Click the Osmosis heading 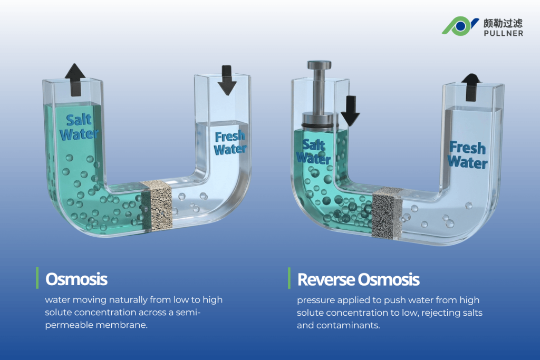(76, 279)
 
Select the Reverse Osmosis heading (358, 279)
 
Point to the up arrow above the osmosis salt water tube (75, 80)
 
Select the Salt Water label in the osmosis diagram (79, 127)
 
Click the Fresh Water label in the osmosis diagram (229, 142)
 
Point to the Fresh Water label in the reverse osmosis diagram (468, 154)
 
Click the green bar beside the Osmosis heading (37, 278)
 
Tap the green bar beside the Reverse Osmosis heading (289, 278)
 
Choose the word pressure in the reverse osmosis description (315, 300)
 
